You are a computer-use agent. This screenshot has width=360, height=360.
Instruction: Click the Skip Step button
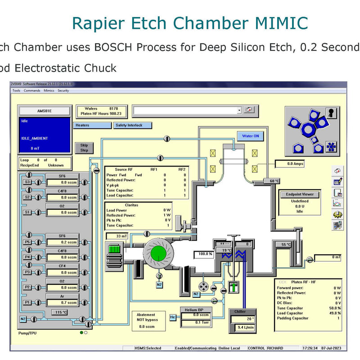[84, 148]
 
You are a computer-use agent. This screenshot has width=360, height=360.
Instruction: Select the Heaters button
[92, 125]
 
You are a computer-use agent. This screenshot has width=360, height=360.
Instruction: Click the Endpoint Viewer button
[300, 194]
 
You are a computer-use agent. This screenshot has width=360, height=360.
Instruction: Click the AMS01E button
[44, 111]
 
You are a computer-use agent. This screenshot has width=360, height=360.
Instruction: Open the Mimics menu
[49, 90]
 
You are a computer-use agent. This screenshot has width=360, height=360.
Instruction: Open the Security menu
[63, 90]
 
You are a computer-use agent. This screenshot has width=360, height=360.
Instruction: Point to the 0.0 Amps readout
[295, 164]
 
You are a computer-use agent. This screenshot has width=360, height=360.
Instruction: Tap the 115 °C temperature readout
[61, 312]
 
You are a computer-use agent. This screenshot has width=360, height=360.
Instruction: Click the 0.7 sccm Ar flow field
[63, 302]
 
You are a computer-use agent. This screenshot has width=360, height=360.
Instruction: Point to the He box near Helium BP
[173, 317]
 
